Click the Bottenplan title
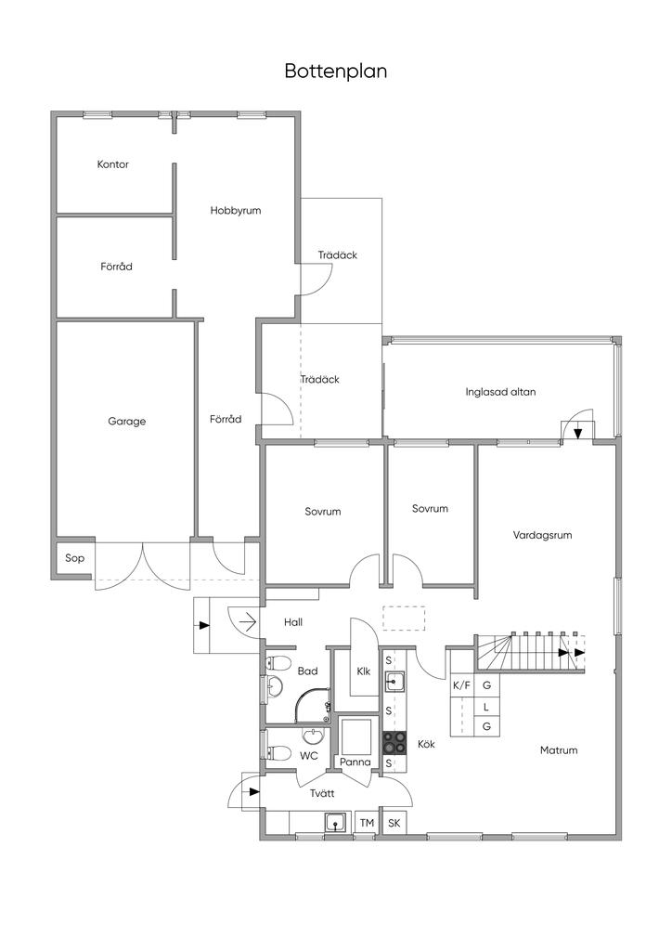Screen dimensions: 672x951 [336, 72]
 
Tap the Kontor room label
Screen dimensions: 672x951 [112, 164]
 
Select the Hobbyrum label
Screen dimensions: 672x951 [236, 211]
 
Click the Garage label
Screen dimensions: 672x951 [126, 421]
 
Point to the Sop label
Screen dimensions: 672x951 [74, 558]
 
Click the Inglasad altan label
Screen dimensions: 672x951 [500, 392]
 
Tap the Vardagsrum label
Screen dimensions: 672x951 [542, 535]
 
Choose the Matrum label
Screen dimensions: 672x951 [559, 750]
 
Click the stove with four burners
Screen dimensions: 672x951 [394, 742]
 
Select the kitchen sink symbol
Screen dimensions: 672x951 [394, 681]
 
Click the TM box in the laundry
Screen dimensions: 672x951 [367, 823]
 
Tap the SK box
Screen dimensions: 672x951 [394, 823]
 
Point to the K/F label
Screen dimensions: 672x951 [461, 686]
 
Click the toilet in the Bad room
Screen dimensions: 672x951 [277, 662]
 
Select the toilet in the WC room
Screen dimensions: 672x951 [278, 752]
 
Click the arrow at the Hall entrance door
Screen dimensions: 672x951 [248, 621]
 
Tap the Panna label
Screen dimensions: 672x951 [355, 762]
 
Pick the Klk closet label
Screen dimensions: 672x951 [364, 671]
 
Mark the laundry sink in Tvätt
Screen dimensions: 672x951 [335, 823]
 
